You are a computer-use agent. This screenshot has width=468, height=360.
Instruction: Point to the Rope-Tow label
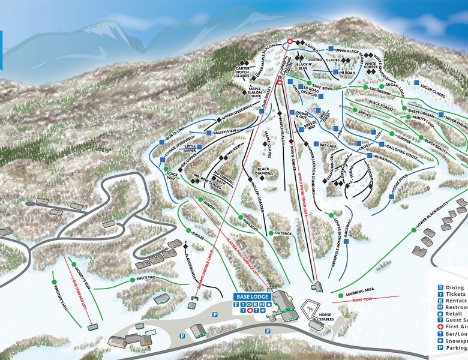pyautogui.click(x=361, y=298)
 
